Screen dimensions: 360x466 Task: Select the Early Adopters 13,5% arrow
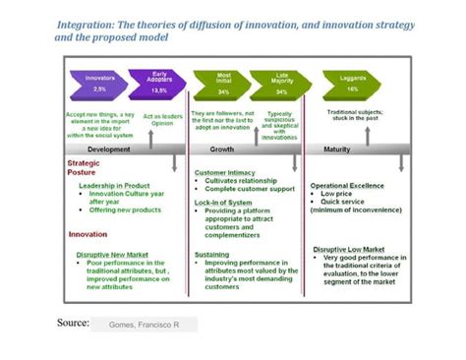tap(156, 84)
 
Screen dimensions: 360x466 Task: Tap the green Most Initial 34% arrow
tap(223, 84)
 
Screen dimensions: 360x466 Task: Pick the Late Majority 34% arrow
tap(281, 84)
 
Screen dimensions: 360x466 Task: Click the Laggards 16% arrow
tap(351, 84)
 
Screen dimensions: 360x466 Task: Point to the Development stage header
tap(109, 149)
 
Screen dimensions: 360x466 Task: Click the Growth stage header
tap(222, 149)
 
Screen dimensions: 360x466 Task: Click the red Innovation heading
tap(87, 234)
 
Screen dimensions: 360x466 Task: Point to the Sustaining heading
tap(212, 254)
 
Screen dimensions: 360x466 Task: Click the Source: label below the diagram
tap(73, 323)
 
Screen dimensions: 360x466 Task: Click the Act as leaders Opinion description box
tap(163, 120)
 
